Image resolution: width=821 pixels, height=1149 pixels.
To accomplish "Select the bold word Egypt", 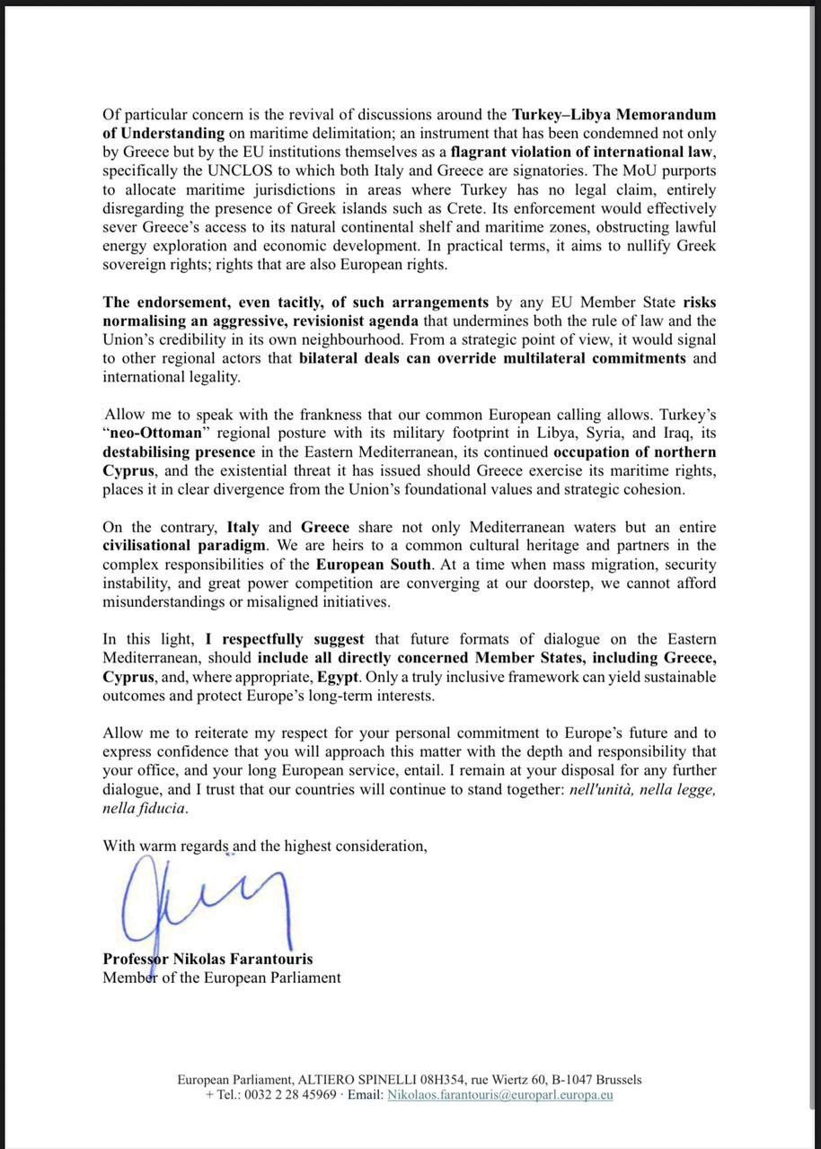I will point(340,676).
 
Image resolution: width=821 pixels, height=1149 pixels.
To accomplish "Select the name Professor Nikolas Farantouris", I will point(207,959).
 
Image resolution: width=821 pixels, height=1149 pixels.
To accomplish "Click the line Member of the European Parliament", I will point(221,978).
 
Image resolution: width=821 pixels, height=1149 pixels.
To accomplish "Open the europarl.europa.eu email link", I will point(499,1095).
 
